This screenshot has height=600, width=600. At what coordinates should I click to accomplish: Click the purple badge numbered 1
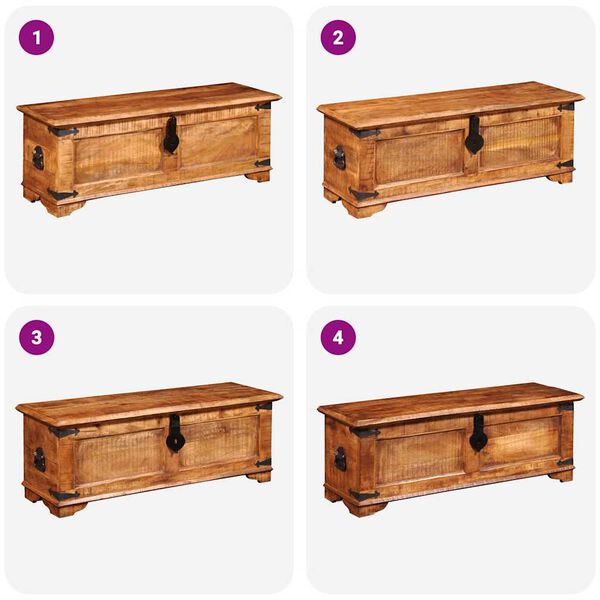(x=37, y=38)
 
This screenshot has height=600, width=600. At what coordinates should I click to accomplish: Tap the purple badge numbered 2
(x=337, y=38)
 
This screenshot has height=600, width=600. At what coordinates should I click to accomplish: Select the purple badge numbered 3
(x=37, y=337)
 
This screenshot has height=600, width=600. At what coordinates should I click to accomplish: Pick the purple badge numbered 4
(x=337, y=337)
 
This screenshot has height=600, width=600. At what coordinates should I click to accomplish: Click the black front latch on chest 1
(x=171, y=136)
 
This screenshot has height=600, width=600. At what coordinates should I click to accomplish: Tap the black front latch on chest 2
(x=473, y=136)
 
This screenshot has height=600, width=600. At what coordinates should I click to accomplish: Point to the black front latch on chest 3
(x=175, y=433)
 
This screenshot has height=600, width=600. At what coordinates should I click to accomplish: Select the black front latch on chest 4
(x=478, y=433)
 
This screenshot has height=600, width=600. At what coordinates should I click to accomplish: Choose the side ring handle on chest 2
(x=339, y=158)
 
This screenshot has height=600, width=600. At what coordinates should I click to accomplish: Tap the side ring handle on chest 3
(x=39, y=459)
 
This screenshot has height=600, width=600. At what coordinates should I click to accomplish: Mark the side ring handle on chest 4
(x=340, y=458)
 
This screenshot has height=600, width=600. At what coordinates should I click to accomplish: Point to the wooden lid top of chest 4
(x=450, y=400)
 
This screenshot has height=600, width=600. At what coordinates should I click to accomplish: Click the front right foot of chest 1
(x=258, y=176)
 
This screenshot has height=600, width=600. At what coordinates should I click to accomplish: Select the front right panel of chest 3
(x=217, y=440)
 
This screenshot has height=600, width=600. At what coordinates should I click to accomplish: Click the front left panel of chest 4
(x=420, y=456)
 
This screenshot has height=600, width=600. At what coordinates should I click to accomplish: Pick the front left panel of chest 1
(x=117, y=154)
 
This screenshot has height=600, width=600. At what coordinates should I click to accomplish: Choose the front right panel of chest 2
(x=520, y=143)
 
